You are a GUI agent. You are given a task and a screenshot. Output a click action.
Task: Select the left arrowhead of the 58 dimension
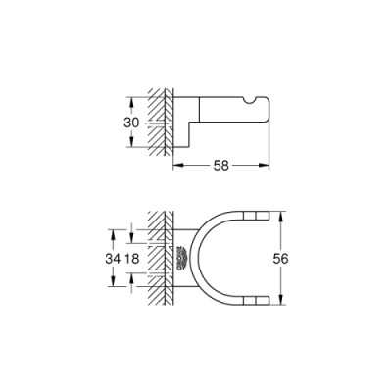pyautogui.click(x=177, y=168)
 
